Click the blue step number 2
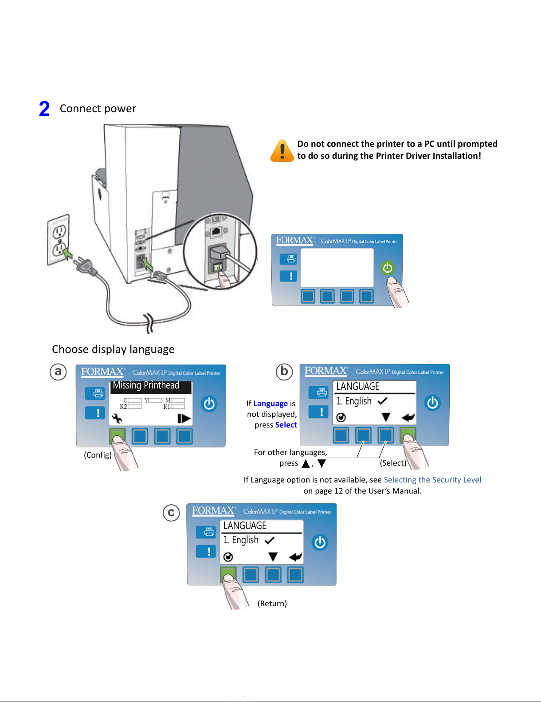(44, 109)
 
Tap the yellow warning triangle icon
(282, 151)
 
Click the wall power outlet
(59, 240)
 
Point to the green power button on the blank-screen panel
(388, 267)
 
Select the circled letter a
(58, 372)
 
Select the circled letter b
(284, 371)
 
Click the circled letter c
(171, 513)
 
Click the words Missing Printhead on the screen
(146, 385)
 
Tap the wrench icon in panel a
(117, 418)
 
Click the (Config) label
(98, 455)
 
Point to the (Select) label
(393, 463)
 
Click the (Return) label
(272, 604)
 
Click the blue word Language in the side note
(270, 404)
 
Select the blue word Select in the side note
(286, 425)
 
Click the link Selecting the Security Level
(432, 480)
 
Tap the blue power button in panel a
(209, 404)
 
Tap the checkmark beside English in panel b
(382, 401)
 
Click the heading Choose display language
(113, 349)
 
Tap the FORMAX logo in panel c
(213, 510)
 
